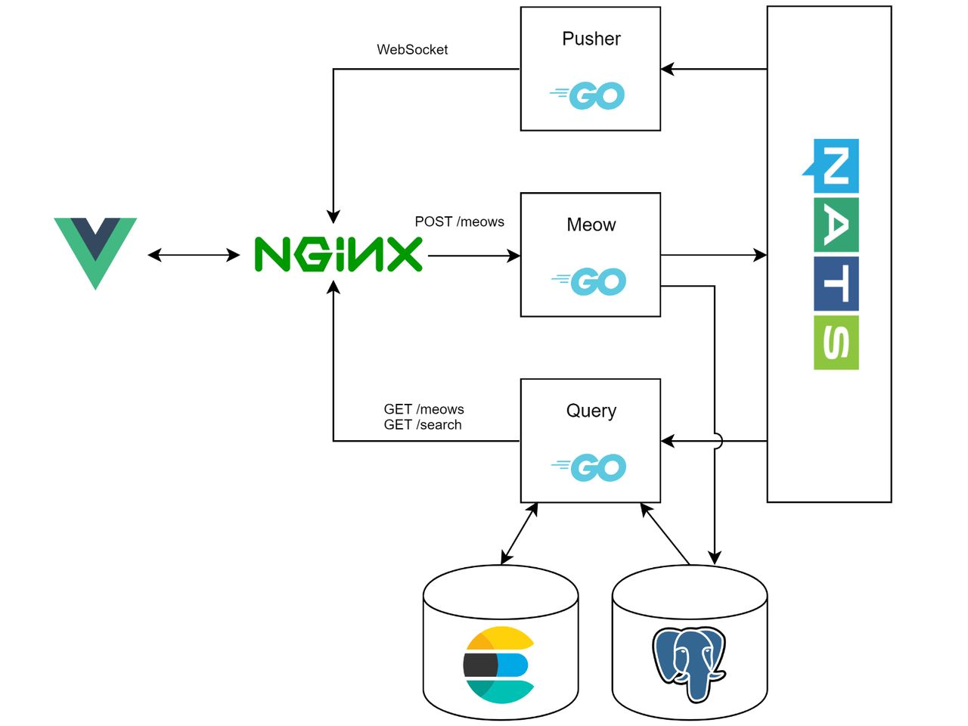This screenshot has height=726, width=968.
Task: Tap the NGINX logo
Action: [338, 254]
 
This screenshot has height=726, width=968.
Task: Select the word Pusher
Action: [591, 39]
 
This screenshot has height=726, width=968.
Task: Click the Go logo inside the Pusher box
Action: [588, 96]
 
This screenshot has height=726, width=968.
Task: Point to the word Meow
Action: [591, 225]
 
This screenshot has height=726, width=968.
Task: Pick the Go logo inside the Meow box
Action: [589, 282]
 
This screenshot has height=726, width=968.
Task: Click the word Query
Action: [591, 411]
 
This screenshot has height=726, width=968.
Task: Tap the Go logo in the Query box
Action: [589, 468]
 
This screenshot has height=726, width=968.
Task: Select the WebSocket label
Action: [412, 50]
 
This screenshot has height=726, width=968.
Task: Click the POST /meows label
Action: [459, 222]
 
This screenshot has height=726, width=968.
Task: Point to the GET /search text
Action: [423, 425]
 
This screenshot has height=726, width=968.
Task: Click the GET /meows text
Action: [423, 409]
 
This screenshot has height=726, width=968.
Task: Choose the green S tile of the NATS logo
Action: [836, 343]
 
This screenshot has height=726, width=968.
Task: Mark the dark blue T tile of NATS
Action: [836, 284]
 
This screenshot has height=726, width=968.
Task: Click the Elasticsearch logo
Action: [499, 665]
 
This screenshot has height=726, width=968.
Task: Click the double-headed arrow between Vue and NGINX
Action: [194, 256]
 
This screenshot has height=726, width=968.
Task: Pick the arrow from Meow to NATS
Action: [714, 256]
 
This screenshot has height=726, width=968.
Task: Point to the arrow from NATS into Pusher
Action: [714, 70]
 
